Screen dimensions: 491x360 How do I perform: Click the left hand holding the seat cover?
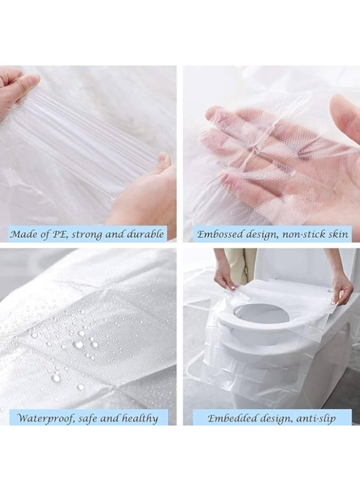tap(224, 276)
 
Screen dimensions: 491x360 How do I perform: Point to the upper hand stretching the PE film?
tap(16, 87)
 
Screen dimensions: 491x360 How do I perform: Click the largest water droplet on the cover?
tap(79, 345)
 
